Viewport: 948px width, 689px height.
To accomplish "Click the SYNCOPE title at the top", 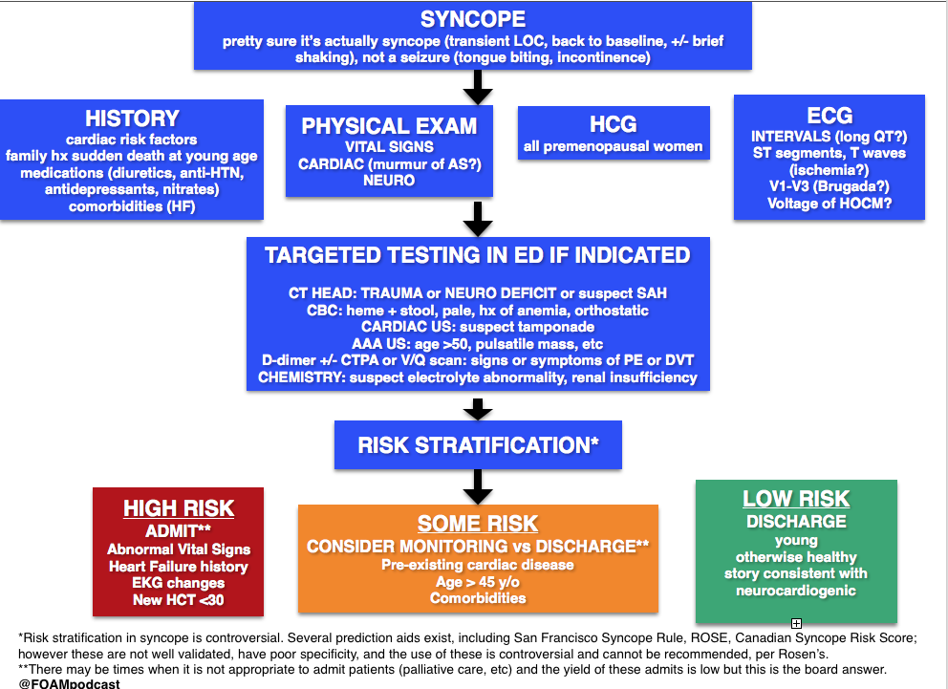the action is [473, 19].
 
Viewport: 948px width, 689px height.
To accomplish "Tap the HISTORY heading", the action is [133, 118].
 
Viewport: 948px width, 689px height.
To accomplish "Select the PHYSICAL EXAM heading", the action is [389, 126].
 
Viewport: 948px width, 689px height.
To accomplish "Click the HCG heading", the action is [614, 124].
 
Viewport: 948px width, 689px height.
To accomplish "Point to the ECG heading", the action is [829, 116].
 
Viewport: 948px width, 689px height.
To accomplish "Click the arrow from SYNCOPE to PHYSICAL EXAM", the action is [478, 88].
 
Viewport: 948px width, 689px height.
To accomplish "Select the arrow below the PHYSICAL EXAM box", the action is [478, 219].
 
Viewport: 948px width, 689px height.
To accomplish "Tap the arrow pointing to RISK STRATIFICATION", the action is [478, 409].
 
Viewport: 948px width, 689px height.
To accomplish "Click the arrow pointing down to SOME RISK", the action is [478, 487].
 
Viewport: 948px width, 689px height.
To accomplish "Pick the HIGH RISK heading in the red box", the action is [179, 508].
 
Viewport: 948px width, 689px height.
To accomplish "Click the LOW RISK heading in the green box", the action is [796, 499].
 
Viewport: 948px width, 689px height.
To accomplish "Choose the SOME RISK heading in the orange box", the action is [478, 524].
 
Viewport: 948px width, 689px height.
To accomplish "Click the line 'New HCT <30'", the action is [179, 600].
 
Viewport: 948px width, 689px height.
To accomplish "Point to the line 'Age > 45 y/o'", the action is [478, 582].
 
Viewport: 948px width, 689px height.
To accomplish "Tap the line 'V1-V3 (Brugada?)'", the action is [829, 186].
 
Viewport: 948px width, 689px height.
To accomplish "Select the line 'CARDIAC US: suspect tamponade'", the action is [478, 327].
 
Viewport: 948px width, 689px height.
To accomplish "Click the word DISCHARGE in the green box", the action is [796, 522].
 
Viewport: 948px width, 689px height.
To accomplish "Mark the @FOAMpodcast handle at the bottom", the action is [69, 683].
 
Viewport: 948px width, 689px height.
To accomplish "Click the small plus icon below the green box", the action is [796, 623].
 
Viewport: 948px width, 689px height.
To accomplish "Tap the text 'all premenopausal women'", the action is [614, 146].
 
